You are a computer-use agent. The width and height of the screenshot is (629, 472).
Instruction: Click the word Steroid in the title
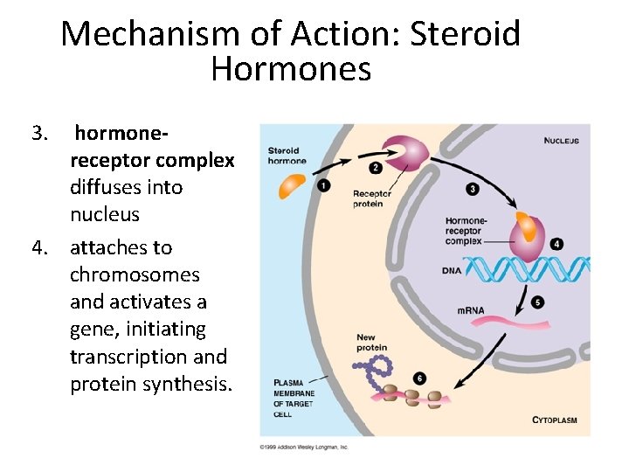click(x=466, y=34)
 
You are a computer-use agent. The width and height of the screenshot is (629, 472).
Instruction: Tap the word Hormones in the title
click(x=291, y=68)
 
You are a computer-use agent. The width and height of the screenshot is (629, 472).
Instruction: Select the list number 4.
click(x=39, y=247)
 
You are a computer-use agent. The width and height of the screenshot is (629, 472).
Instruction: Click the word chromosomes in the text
click(x=135, y=274)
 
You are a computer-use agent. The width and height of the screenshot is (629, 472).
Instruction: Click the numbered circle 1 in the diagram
click(x=323, y=185)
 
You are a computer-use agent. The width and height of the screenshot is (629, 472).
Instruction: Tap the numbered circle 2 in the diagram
click(x=376, y=167)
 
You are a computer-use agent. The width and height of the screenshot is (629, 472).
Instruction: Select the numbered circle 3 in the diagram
click(x=473, y=188)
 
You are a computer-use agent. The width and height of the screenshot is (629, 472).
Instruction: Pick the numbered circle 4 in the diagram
click(x=556, y=244)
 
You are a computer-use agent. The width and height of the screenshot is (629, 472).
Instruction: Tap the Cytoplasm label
click(x=555, y=420)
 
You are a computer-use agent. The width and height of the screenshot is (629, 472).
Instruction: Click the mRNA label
click(x=471, y=310)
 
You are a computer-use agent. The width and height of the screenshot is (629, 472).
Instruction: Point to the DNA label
click(x=452, y=270)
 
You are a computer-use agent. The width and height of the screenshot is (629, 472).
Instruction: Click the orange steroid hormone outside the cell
click(x=293, y=184)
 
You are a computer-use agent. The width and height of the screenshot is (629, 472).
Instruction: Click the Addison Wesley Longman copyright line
click(x=304, y=447)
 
